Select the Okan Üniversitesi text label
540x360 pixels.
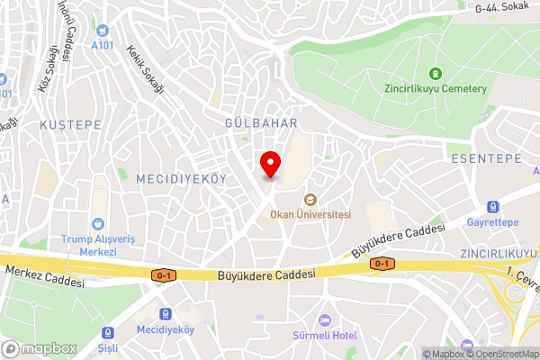pyautogui.click(x=310, y=214)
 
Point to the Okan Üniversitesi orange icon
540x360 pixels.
pyautogui.click(x=310, y=199)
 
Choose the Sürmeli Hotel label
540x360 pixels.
pyautogui.click(x=325, y=336)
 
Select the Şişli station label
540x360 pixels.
pyautogui.click(x=108, y=346)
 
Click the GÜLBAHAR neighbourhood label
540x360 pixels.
pyautogui.click(x=261, y=121)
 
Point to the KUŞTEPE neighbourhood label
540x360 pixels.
pyautogui.click(x=70, y=125)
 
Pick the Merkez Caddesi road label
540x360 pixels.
pyautogui.click(x=44, y=275)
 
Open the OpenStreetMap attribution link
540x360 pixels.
pyautogui.click(x=500, y=354)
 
